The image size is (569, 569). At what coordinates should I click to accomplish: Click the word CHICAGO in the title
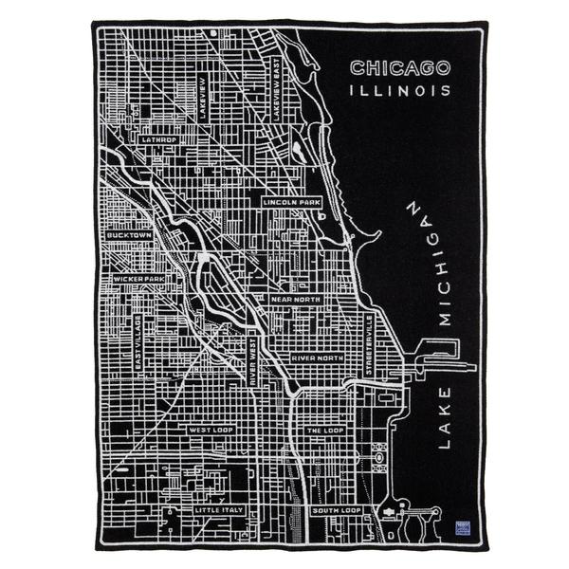399,68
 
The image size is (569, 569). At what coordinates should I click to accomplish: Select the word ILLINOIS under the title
399,92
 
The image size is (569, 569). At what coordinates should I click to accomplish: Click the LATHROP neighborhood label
158,138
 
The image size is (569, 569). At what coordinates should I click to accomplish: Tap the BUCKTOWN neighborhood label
129,234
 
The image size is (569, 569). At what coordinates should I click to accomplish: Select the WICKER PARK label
138,280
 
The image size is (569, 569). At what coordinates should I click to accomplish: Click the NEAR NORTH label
295,300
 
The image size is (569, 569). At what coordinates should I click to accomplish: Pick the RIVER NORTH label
317,358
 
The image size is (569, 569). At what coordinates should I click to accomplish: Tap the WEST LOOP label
211,430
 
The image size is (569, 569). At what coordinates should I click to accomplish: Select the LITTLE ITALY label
219,510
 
